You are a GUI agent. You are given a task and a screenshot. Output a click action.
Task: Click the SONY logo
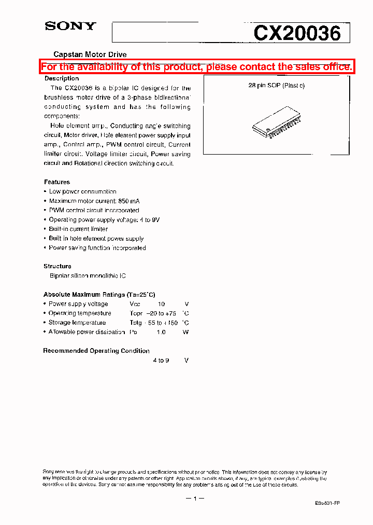[70, 26]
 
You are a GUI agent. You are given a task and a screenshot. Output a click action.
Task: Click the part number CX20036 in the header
[297, 34]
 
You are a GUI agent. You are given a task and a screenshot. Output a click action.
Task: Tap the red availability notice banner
[197, 66]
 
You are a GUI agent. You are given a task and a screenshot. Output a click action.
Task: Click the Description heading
[62, 78]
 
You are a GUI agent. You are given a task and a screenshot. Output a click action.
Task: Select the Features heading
[57, 182]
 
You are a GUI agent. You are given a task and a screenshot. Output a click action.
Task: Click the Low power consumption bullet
[82, 191]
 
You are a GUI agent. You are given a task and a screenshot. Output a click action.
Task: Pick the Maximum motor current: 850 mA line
[94, 201]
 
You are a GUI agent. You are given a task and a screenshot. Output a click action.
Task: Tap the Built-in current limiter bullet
[78, 229]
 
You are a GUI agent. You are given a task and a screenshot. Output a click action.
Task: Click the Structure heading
[58, 266]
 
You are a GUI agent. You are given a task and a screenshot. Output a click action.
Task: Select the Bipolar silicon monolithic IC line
[88, 276]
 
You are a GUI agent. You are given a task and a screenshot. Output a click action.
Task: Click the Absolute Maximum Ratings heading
[99, 295]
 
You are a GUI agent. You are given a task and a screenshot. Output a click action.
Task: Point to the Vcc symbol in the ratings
[135, 304]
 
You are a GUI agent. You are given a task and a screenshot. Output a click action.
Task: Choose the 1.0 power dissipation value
[161, 332]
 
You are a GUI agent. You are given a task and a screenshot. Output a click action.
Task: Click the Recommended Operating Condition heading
[96, 351]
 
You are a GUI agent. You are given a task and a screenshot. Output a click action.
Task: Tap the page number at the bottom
[195, 499]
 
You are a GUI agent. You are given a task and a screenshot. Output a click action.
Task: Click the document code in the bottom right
[327, 504]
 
